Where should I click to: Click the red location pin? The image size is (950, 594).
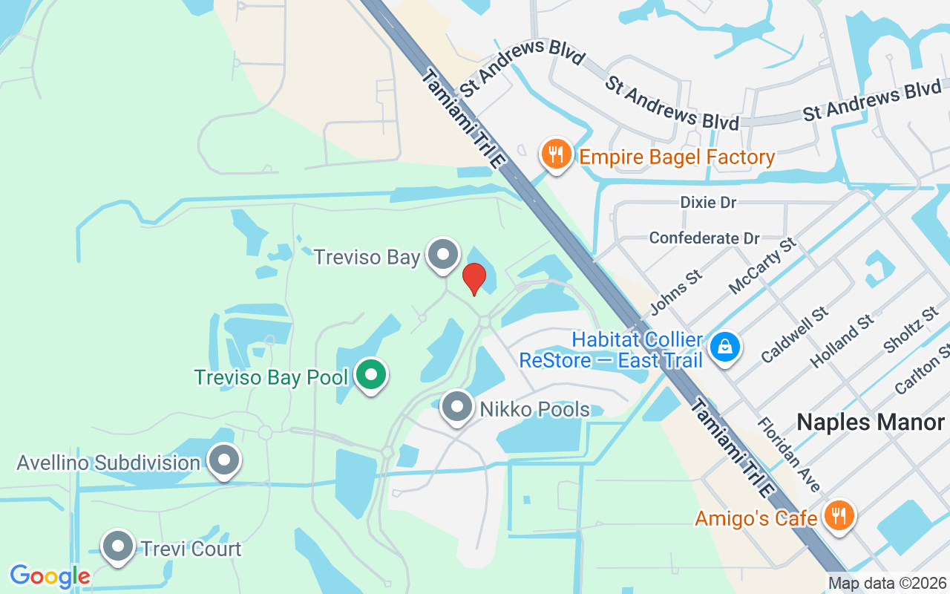(474, 278)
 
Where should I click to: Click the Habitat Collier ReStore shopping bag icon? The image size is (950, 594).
(724, 347)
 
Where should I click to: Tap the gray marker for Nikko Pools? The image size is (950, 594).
(456, 407)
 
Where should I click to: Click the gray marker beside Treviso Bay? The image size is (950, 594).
(443, 255)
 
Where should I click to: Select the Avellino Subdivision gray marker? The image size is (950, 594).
(223, 461)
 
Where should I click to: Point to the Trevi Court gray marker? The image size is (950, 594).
(117, 548)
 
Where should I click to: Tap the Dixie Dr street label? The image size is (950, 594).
(708, 203)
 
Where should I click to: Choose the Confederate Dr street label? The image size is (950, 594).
(704, 238)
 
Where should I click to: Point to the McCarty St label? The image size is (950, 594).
(762, 265)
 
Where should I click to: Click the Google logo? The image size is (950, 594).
(50, 576)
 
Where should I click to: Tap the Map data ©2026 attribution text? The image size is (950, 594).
(887, 584)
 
